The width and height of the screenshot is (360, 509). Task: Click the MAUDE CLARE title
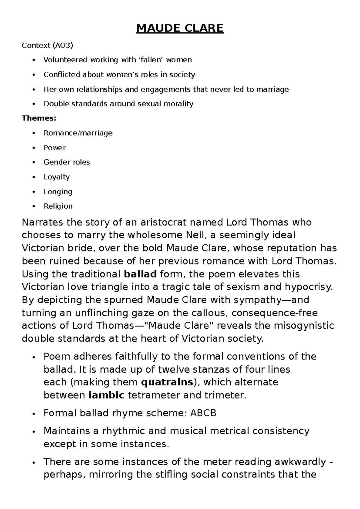click(x=180, y=28)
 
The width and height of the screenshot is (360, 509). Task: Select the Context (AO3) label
click(x=47, y=45)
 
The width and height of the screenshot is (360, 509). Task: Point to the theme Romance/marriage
click(x=78, y=133)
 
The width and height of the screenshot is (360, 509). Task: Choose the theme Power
click(x=55, y=147)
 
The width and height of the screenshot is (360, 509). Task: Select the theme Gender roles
click(x=67, y=162)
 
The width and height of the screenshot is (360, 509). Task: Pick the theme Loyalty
click(x=56, y=177)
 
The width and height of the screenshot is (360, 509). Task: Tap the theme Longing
click(x=58, y=191)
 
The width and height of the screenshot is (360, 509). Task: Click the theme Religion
click(x=58, y=206)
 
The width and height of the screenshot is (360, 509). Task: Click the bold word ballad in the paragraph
click(x=140, y=274)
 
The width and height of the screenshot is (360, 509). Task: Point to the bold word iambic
click(x=106, y=395)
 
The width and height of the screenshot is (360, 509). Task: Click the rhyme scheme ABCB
click(x=203, y=413)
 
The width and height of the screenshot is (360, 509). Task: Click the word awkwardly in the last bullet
click(x=300, y=462)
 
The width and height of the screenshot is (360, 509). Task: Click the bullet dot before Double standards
click(x=35, y=104)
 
